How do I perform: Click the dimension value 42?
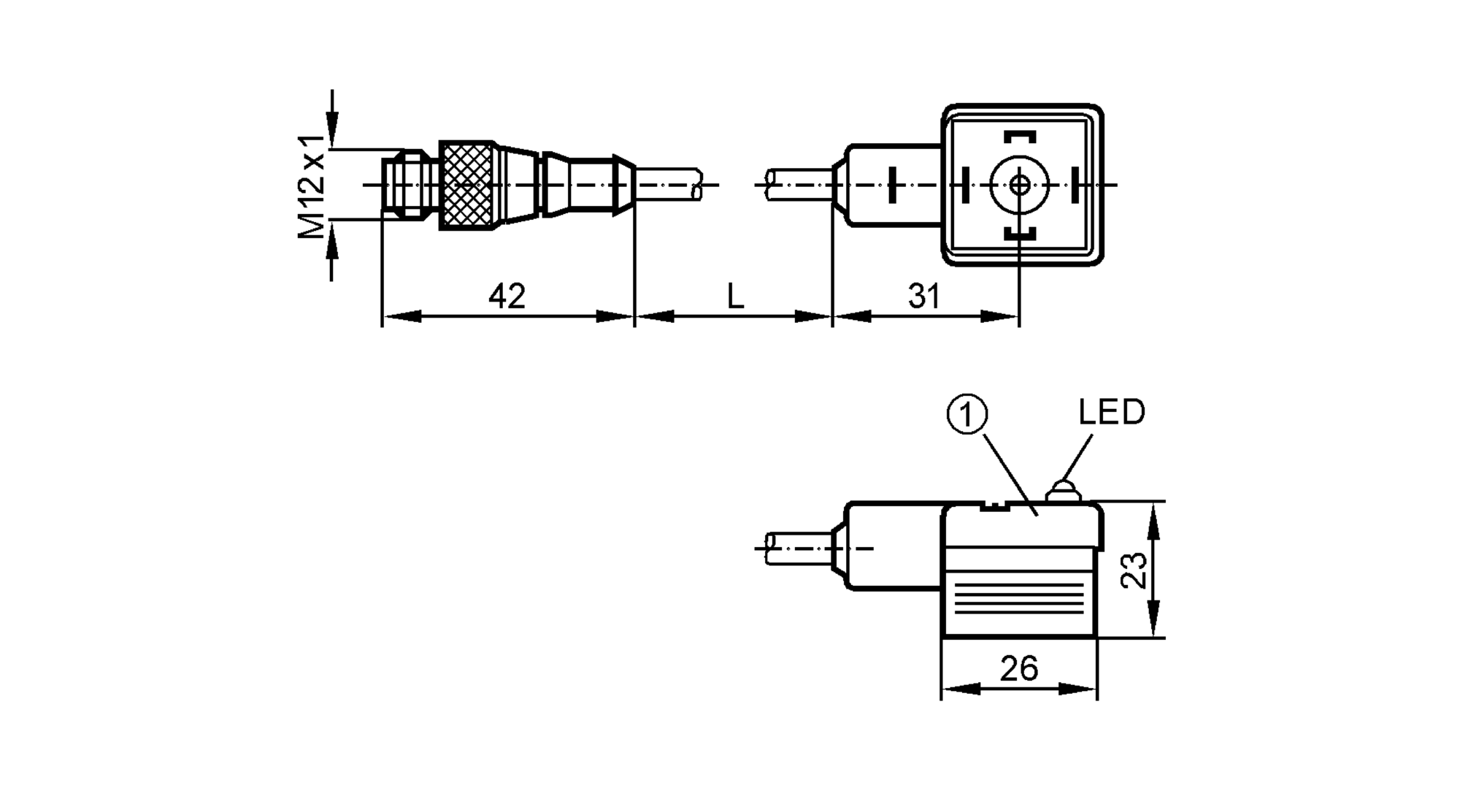pyautogui.click(x=507, y=297)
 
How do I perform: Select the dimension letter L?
pyautogui.click(x=735, y=297)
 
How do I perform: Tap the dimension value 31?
pyautogui.click(x=923, y=297)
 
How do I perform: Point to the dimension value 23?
pyautogui.click(x=1134, y=570)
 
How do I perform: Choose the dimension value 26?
pyautogui.click(x=1019, y=668)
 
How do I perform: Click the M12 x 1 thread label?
pyautogui.click(x=312, y=186)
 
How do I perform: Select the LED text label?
pyautogui.click(x=1112, y=413)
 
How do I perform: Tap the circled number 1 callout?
pyautogui.click(x=967, y=415)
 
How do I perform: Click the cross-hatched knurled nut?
pyautogui.click(x=467, y=186)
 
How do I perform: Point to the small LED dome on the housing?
pyautogui.click(x=1063, y=491)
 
